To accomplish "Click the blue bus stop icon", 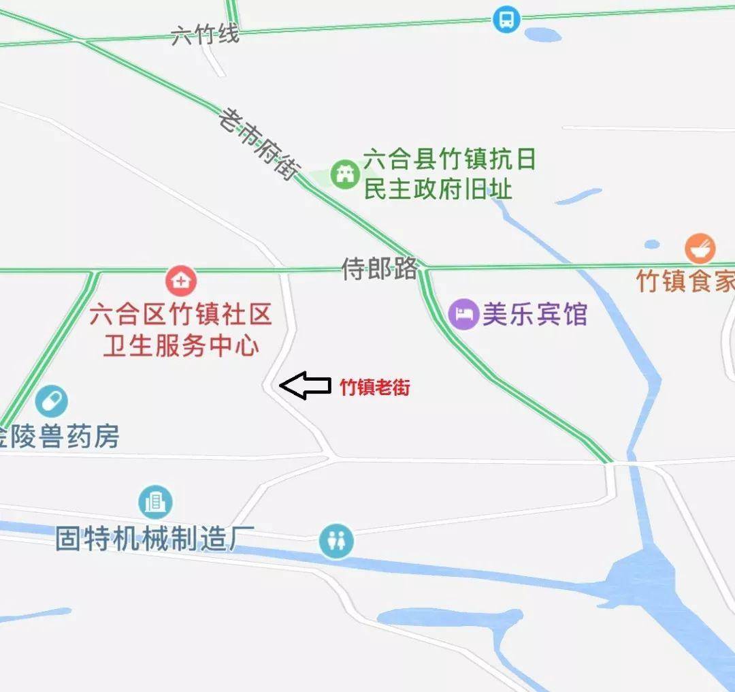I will (506, 19).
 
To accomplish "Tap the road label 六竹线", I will (205, 34).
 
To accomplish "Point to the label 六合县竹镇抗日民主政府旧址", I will (449, 174).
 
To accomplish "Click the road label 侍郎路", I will (379, 269).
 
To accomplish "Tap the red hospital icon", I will (181, 281).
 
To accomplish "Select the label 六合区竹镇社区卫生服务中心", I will (181, 330).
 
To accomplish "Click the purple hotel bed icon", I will (463, 315).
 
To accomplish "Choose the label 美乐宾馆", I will (534, 315).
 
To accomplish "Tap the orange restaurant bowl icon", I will (700, 249).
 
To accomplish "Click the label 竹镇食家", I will (685, 281).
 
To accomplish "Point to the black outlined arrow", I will (304, 386).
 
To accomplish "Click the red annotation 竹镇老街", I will (375, 388).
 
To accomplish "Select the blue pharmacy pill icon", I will (52, 401).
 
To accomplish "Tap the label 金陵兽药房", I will (60, 437).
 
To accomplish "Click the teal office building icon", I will (155, 503).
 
